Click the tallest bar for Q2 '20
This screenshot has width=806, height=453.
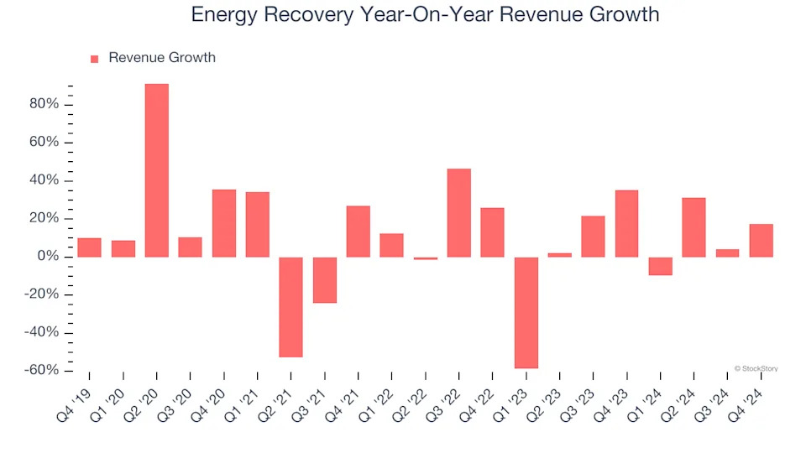pyautogui.click(x=157, y=170)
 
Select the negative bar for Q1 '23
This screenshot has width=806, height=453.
pyautogui.click(x=526, y=312)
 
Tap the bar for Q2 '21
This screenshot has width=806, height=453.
pyautogui.click(x=291, y=307)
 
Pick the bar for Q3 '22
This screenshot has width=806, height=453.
pyautogui.click(x=459, y=213)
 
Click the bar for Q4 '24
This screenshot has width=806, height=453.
pyautogui.click(x=762, y=240)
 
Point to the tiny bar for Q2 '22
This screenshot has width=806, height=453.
pyautogui.click(x=426, y=258)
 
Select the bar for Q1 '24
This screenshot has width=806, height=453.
pyautogui.click(x=661, y=266)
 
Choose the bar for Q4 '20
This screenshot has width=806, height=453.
pyautogui.click(x=224, y=223)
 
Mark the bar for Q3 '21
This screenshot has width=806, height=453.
pyautogui.click(x=325, y=279)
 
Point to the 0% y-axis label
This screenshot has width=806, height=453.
pyautogui.click(x=48, y=257)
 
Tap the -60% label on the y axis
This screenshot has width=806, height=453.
pyautogui.click(x=41, y=371)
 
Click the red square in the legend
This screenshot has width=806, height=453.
pyautogui.click(x=94, y=59)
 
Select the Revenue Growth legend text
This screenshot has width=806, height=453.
pyautogui.click(x=162, y=58)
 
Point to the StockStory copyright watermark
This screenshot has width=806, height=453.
pyautogui.click(x=756, y=367)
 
